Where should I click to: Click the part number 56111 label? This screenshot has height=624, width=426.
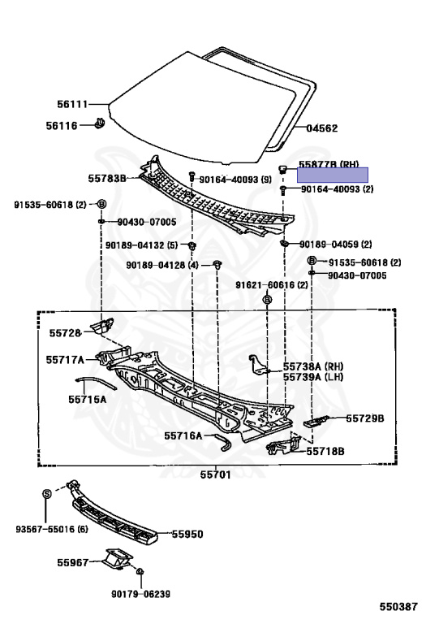(x=72, y=104)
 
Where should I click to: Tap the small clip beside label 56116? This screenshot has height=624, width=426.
(x=99, y=123)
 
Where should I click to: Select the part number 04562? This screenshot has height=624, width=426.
(x=322, y=128)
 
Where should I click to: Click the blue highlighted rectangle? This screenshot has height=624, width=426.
(x=333, y=175)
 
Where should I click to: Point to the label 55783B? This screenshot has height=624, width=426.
(x=107, y=178)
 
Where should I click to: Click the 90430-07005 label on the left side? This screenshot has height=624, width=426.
(x=147, y=222)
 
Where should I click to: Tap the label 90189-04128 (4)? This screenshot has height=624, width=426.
(x=162, y=265)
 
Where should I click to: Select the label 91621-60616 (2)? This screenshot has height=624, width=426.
(x=271, y=285)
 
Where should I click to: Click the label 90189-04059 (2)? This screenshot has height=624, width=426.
(x=336, y=244)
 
